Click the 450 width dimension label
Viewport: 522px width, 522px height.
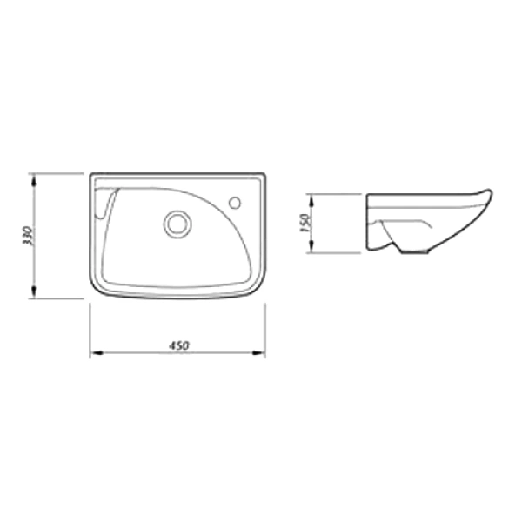pyautogui.click(x=178, y=345)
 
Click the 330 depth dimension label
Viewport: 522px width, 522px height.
pyautogui.click(x=28, y=236)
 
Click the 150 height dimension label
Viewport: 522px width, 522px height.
pyautogui.click(x=305, y=223)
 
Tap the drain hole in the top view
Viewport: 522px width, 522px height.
pyautogui.click(x=177, y=224)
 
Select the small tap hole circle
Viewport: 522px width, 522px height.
pyautogui.click(x=235, y=203)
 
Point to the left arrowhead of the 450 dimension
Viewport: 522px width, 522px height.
pyautogui.click(x=97, y=353)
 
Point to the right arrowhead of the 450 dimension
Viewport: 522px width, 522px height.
pyautogui.click(x=258, y=353)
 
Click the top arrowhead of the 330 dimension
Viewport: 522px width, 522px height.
pyautogui.click(x=33, y=180)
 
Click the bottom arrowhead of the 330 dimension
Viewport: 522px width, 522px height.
pyautogui.click(x=33, y=291)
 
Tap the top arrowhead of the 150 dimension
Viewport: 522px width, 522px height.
pyautogui.click(x=311, y=201)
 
